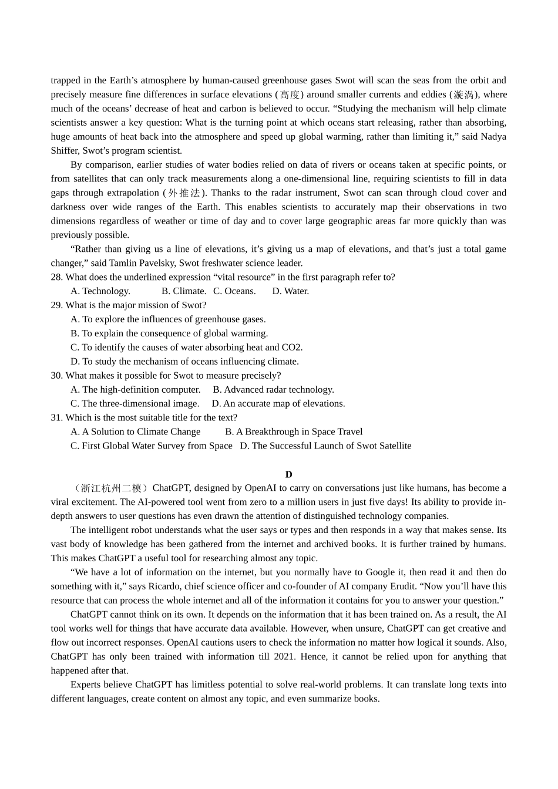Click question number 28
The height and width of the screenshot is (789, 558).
[x=56, y=277]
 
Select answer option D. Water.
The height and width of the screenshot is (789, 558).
[x=290, y=291]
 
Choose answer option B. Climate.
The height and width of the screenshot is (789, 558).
[x=184, y=291]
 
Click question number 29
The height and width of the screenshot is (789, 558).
[x=56, y=305]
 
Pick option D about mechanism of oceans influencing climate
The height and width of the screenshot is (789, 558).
[x=184, y=362]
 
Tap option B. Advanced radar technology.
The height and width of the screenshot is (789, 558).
[x=273, y=390]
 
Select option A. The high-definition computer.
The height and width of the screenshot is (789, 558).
[x=135, y=390]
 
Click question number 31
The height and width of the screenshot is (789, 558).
[x=56, y=418]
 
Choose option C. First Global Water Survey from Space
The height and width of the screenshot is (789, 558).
[x=151, y=446]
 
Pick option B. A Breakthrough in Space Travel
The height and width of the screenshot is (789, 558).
[x=294, y=432]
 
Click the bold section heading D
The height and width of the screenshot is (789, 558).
[x=288, y=474]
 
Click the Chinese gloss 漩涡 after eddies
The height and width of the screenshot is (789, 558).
[x=463, y=95]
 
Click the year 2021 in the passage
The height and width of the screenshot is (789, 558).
[x=284, y=657]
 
